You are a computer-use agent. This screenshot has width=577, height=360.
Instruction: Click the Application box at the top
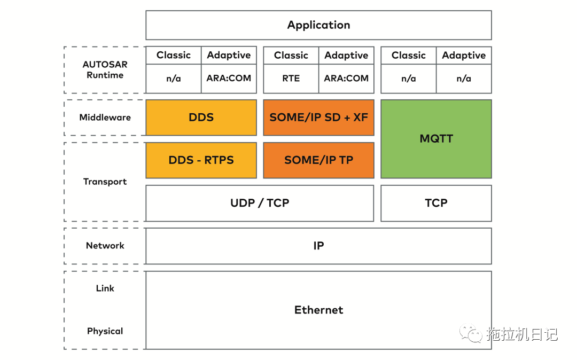318,25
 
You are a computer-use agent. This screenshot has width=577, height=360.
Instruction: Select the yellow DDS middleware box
201,118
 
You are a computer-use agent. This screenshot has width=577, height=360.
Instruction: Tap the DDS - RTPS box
201,160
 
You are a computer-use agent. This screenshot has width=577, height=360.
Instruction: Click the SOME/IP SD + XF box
318,118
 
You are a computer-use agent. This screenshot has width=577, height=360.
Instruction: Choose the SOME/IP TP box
318,160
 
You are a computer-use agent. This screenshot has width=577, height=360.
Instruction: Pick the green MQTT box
436,139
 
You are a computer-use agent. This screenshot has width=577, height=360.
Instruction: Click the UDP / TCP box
260,203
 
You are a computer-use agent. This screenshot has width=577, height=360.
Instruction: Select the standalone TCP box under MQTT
436,203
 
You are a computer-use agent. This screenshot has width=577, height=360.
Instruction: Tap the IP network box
318,246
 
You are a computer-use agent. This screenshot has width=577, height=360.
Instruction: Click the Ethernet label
318,310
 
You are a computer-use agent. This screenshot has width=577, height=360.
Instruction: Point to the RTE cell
291,79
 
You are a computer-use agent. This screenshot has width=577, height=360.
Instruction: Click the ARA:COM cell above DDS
229,79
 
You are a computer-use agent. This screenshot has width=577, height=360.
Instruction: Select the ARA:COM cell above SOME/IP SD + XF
346,79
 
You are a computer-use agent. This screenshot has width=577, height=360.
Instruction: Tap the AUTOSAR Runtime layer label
105,70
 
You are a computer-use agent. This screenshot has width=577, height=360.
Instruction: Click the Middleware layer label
105,118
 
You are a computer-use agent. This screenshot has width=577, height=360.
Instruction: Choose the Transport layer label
105,182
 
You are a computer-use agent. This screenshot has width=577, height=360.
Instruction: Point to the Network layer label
105,246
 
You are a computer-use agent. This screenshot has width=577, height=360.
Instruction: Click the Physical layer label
105,331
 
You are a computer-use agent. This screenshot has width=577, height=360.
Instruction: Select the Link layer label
105,288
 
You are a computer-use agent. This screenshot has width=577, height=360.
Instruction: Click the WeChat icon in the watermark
470,334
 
